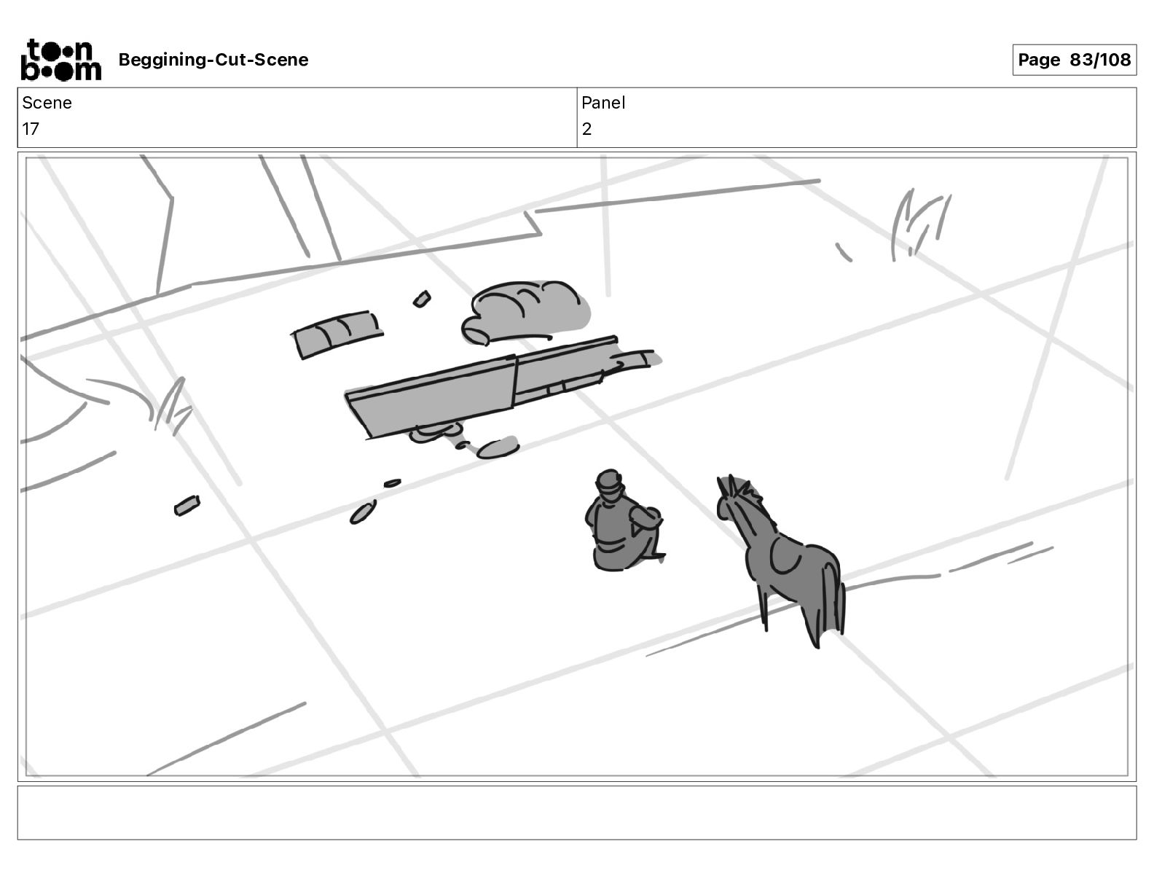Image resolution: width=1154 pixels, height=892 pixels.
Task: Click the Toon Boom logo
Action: [60, 60]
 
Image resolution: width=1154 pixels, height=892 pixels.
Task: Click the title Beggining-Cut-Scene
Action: [213, 60]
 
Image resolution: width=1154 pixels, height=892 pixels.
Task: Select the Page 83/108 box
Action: [1074, 60]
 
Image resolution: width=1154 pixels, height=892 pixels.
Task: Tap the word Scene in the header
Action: [47, 103]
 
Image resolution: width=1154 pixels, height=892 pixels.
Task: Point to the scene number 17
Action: [31, 128]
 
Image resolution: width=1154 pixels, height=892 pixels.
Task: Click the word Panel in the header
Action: [602, 103]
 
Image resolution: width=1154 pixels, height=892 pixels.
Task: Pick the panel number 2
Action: [586, 128]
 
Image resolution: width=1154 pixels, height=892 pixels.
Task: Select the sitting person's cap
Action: [609, 482]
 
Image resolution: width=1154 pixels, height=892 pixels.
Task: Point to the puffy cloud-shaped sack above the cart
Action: [526, 313]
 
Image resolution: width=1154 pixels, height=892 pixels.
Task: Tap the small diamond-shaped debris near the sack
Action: [422, 299]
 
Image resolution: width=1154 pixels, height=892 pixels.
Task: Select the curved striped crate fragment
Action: [337, 334]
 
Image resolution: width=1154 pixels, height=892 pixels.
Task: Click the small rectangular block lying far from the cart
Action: [187, 505]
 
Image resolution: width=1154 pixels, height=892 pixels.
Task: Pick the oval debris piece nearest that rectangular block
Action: [363, 513]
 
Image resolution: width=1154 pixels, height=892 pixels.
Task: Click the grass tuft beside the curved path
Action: [173, 407]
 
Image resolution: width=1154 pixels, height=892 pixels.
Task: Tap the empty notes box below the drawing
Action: [577, 813]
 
